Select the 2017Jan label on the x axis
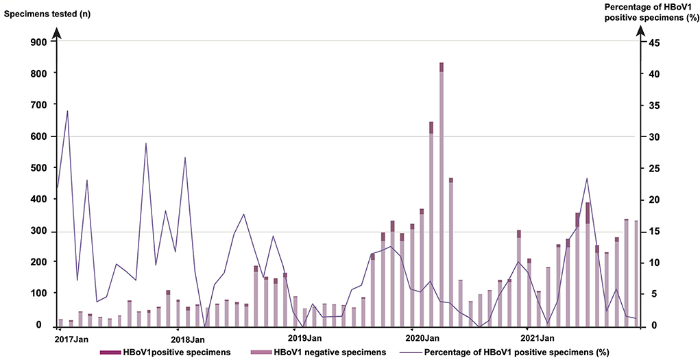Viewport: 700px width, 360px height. click(72, 338)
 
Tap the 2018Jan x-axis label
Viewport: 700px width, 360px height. click(188, 338)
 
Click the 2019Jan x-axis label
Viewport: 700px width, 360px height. click(305, 338)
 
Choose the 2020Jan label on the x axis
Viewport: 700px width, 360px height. click(422, 338)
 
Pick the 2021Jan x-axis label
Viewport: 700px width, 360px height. click(538, 338)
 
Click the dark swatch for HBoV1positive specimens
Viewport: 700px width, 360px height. click(110, 352)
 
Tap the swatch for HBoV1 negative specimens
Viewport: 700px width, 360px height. click(261, 352)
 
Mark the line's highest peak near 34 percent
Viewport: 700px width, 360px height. click(67, 110)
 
